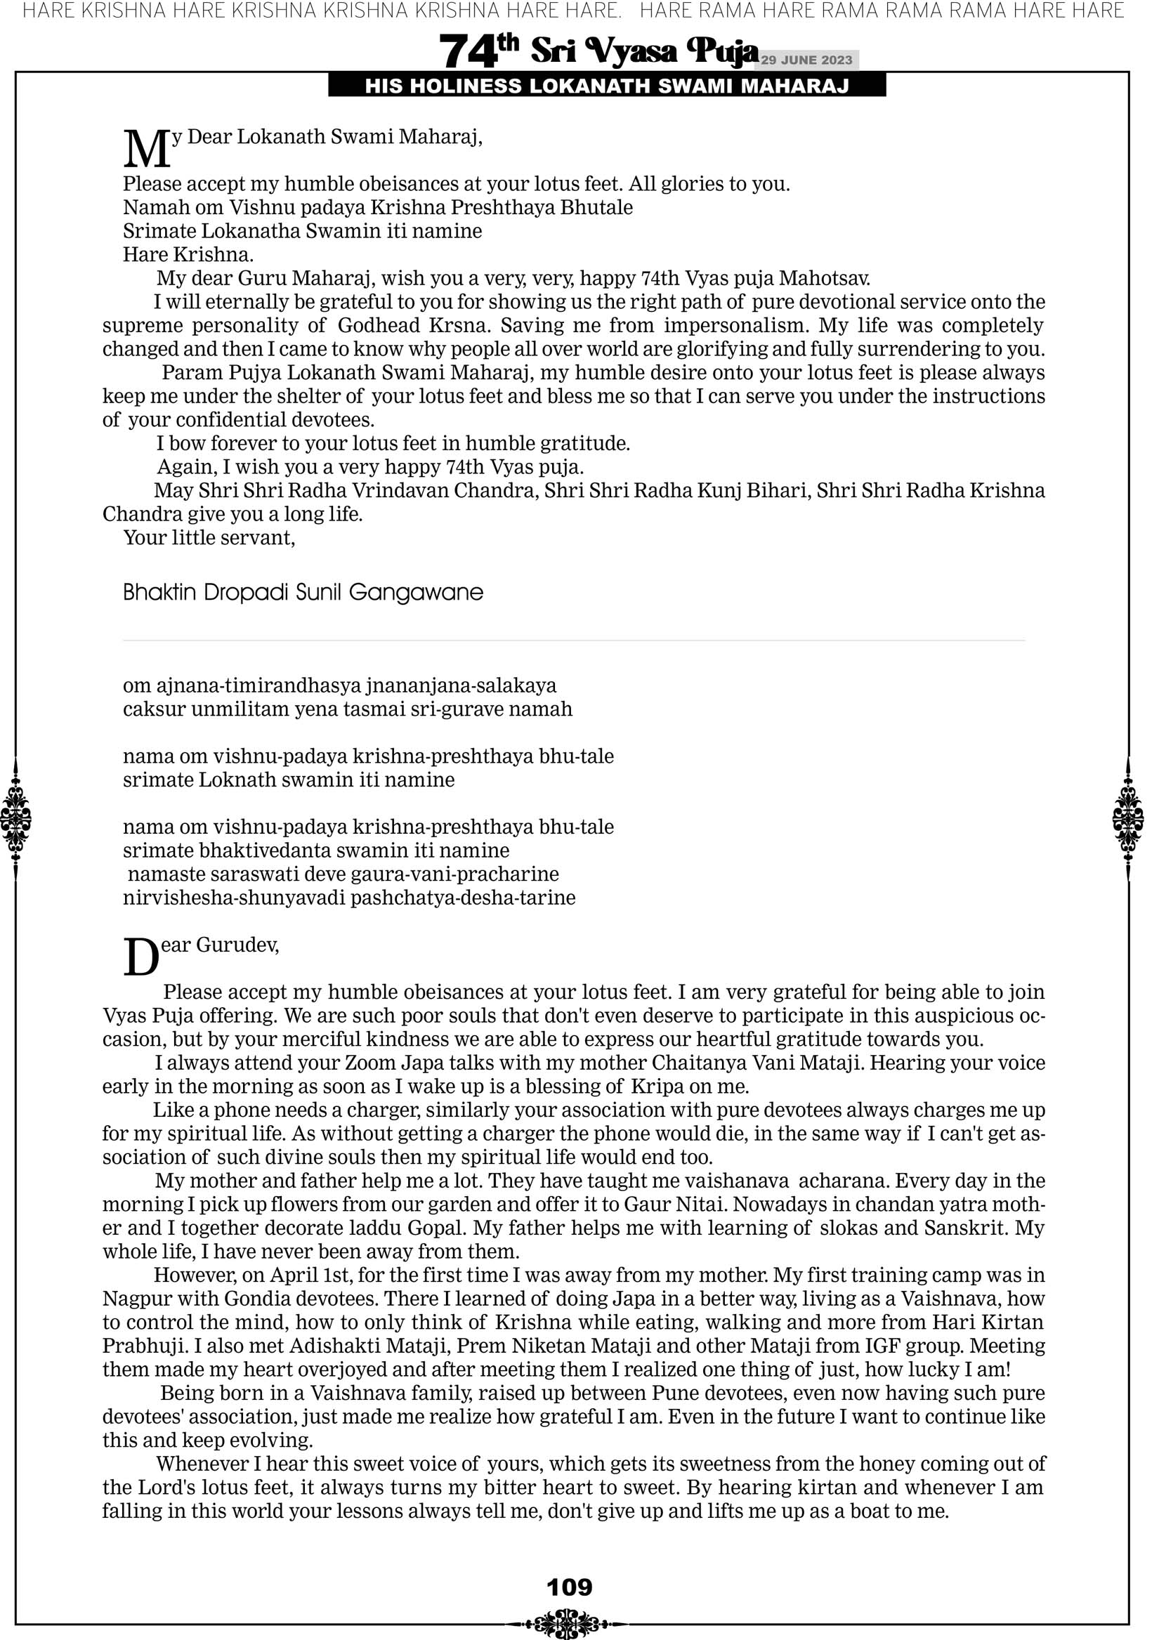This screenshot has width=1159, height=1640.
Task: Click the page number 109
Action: pyautogui.click(x=569, y=1587)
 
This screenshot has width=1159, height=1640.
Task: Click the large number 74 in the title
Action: pyautogui.click(x=468, y=51)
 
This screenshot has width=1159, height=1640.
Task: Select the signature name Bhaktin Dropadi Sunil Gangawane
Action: pyautogui.click(x=303, y=592)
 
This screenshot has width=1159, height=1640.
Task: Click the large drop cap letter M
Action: pyautogui.click(x=147, y=149)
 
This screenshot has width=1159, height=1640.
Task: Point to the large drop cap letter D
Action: pyautogui.click(x=140, y=958)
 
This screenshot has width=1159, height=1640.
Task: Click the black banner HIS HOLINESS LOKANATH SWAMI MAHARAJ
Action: pyautogui.click(x=607, y=86)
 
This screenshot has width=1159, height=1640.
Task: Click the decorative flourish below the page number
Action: pyautogui.click(x=569, y=1622)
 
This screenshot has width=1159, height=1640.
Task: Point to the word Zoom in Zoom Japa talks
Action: pyautogui.click(x=370, y=1063)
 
